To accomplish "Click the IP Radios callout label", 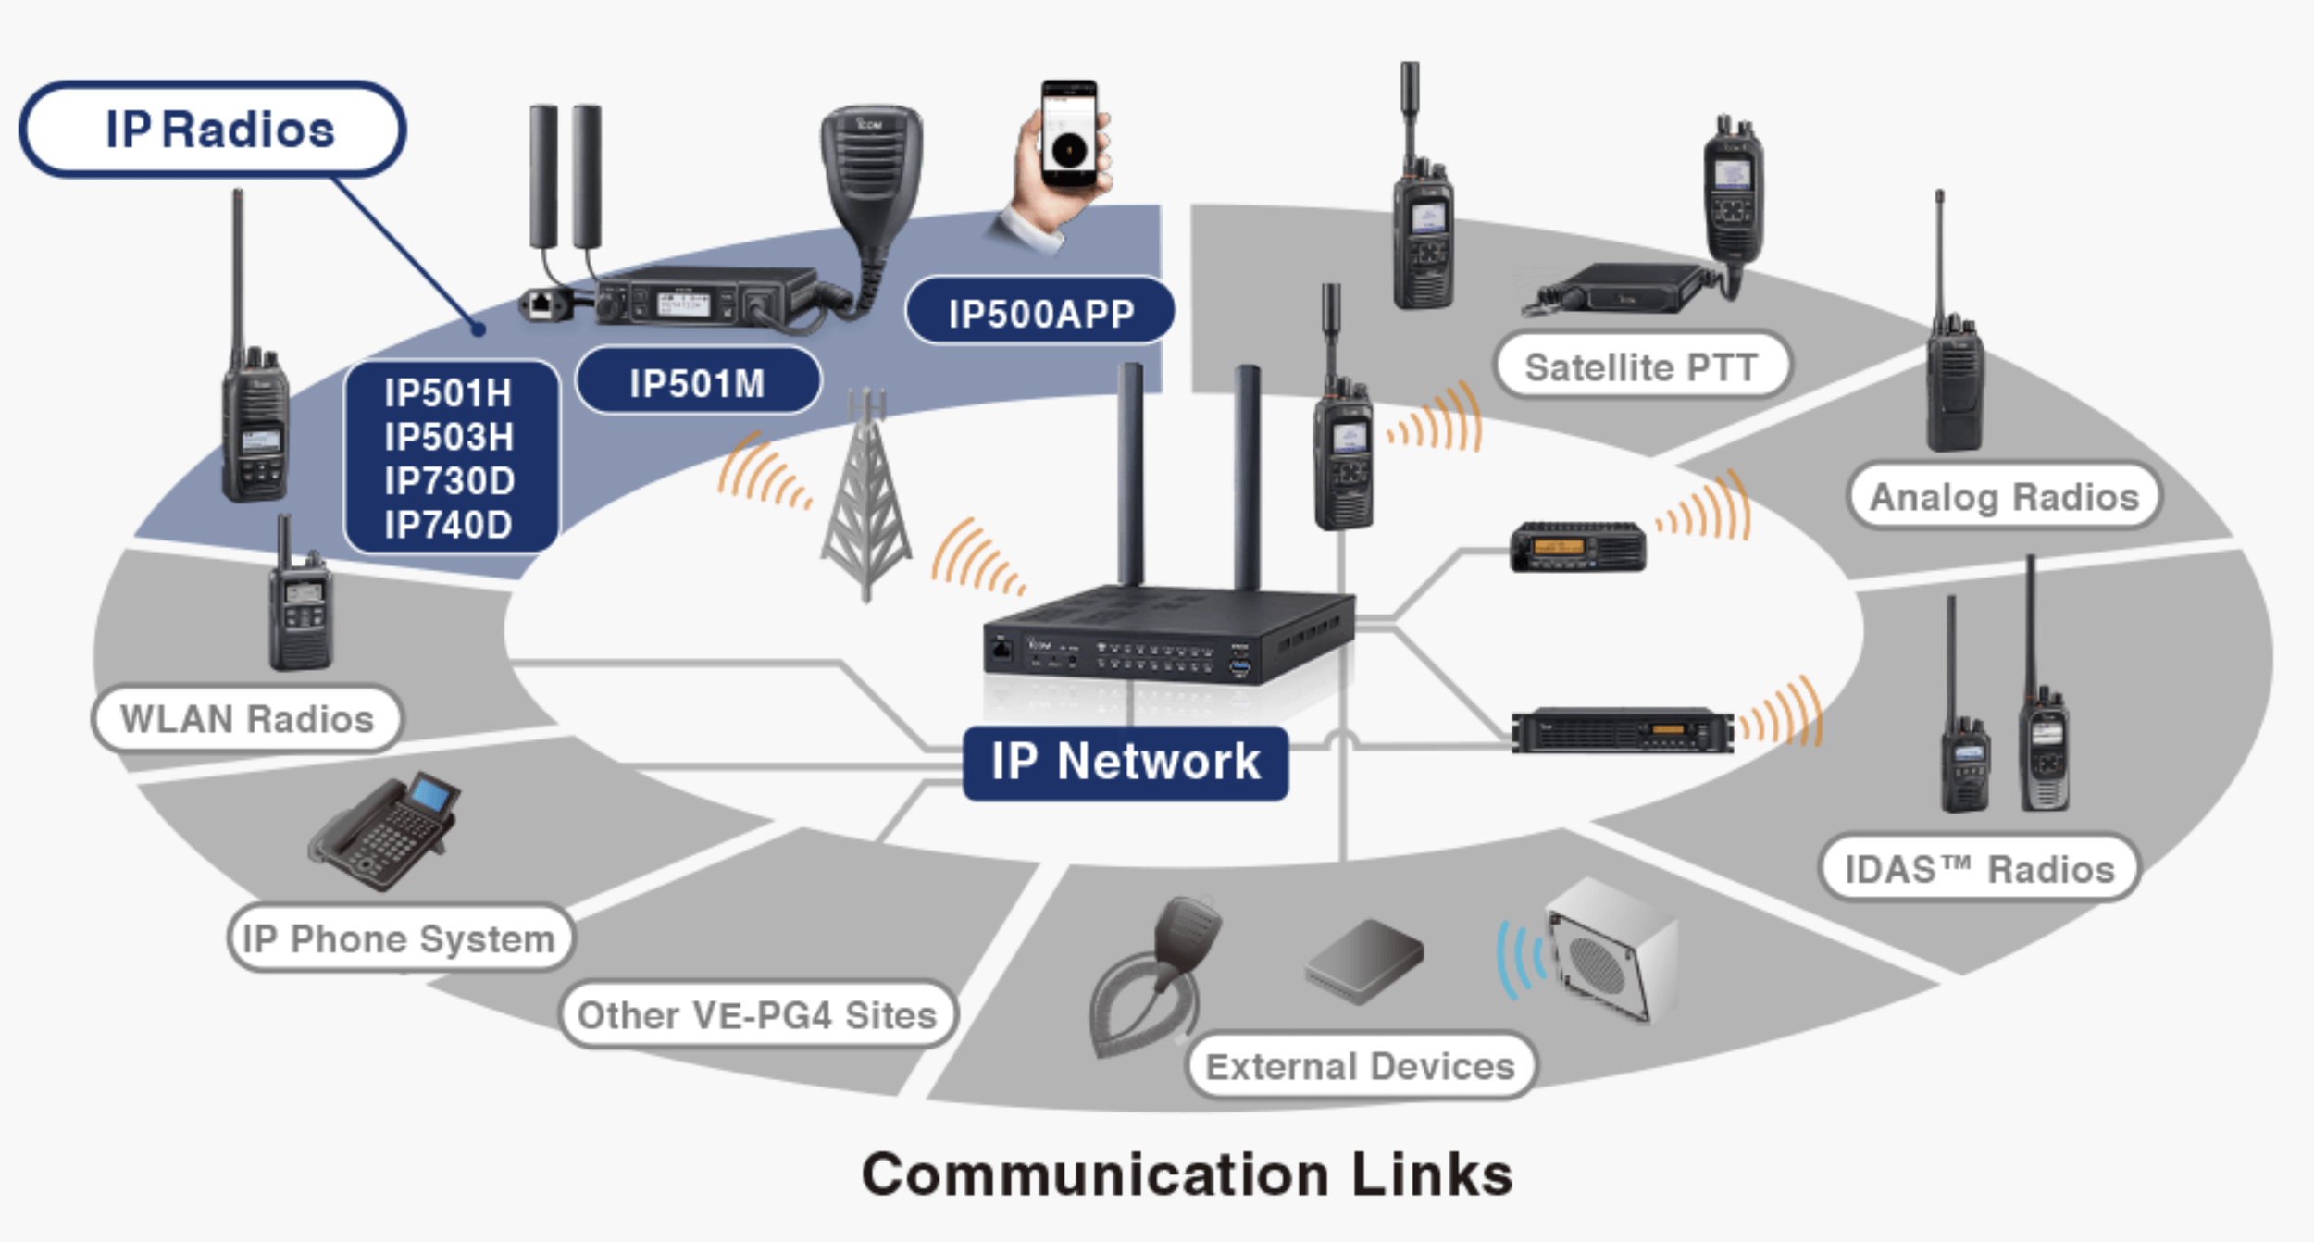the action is tap(213, 129).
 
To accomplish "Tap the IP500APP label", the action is tap(1040, 313).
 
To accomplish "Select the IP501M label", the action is tap(698, 382).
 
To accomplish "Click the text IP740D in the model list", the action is tap(449, 525).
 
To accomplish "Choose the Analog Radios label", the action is tap(2005, 497).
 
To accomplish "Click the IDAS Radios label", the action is tap(1980, 868).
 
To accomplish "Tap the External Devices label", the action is tap(1361, 1066).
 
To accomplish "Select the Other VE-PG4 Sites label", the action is tap(758, 1014).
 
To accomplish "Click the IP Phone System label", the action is tap(400, 938).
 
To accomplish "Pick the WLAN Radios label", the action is tap(247, 718).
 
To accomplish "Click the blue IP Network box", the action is tap(1126, 763).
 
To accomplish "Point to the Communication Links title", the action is tap(1188, 1174).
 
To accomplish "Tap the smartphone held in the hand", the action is tap(1070, 134).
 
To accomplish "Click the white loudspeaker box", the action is tap(1611, 950).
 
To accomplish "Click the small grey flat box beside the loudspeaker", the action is tap(1364, 962).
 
